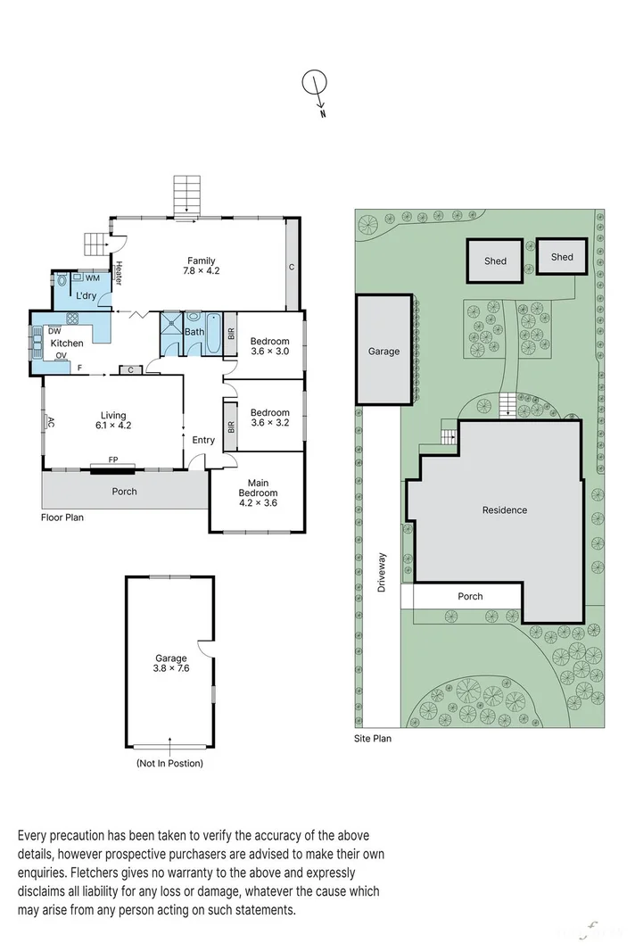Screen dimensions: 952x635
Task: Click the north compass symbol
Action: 315,87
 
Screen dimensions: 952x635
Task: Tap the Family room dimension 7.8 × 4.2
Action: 201,270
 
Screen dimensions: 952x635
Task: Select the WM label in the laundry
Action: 92,278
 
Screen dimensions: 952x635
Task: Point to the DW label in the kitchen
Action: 54,330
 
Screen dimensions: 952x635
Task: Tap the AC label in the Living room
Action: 51,422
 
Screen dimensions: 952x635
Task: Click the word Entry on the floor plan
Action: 203,440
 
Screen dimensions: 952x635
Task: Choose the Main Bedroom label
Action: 258,488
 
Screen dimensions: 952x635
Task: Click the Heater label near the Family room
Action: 119,273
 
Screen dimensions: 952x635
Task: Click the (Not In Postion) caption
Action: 169,763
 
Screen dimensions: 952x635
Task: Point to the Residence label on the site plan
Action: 505,510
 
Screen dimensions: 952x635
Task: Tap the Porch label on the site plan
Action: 470,596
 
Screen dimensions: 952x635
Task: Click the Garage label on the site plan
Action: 383,352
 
